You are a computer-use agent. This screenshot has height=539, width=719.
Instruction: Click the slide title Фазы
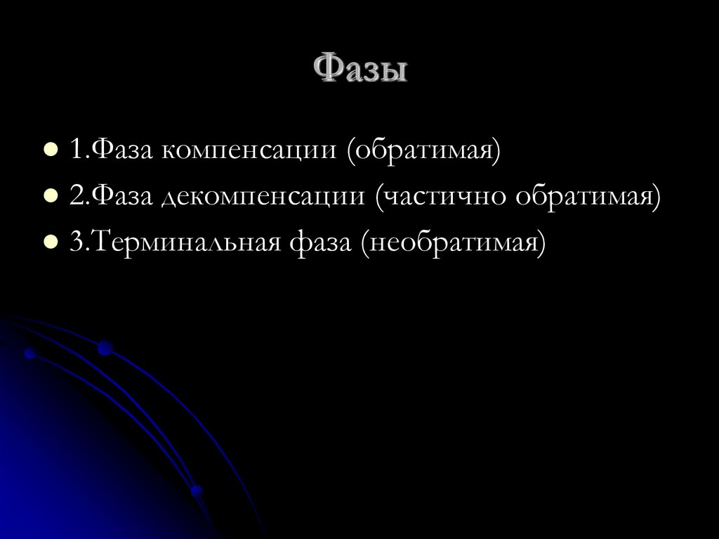(x=359, y=71)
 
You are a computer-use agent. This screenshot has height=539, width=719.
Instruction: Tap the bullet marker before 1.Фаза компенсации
(x=50, y=150)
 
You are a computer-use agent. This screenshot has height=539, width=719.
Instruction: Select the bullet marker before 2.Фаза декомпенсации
(x=50, y=197)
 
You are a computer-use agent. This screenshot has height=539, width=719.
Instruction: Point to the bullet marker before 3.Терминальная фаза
(x=50, y=243)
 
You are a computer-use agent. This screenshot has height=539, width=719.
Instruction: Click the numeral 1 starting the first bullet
(x=76, y=150)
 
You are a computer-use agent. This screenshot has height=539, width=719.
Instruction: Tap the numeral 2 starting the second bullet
(x=76, y=197)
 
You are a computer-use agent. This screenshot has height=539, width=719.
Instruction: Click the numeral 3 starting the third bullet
(x=76, y=243)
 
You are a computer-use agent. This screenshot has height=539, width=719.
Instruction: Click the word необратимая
(x=453, y=244)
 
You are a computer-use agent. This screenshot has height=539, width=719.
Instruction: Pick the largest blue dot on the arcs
(x=105, y=347)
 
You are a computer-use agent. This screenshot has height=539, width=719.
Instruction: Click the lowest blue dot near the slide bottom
(x=197, y=490)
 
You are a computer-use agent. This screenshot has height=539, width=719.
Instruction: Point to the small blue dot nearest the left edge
(x=29, y=353)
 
